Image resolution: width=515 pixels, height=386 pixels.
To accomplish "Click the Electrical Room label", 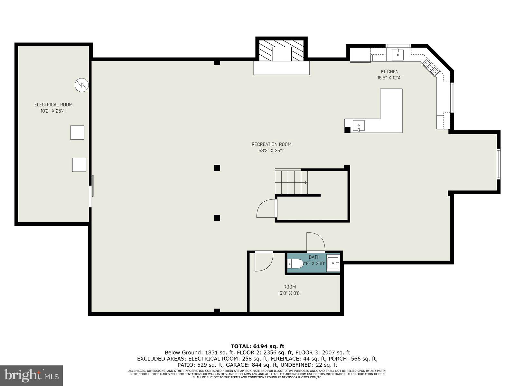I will click(x=53, y=105).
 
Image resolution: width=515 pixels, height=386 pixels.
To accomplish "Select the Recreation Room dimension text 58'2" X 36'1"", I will click(x=271, y=151).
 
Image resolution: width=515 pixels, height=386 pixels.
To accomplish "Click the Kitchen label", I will click(x=389, y=71).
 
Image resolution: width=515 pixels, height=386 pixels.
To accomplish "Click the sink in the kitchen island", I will click(x=359, y=125).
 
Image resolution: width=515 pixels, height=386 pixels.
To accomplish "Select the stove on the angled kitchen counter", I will click(x=431, y=68).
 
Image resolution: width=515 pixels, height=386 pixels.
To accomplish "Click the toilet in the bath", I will click(x=295, y=264).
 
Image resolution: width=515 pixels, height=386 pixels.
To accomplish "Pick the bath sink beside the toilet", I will click(x=333, y=264).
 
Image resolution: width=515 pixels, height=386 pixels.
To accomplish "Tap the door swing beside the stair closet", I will click(x=266, y=209).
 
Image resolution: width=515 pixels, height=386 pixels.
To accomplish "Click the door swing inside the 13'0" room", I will click(x=263, y=262).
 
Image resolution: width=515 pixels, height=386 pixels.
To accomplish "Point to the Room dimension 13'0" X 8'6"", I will click(x=289, y=293).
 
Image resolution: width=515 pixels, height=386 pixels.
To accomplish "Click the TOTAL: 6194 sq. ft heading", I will click(x=257, y=346).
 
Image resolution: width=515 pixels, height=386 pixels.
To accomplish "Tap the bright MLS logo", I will click(x=31, y=376).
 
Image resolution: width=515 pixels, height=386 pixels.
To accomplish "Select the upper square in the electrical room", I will click(x=77, y=133).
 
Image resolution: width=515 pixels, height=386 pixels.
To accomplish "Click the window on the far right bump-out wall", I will click(x=498, y=163).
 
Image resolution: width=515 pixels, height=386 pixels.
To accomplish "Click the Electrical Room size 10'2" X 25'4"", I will click(x=53, y=111).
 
